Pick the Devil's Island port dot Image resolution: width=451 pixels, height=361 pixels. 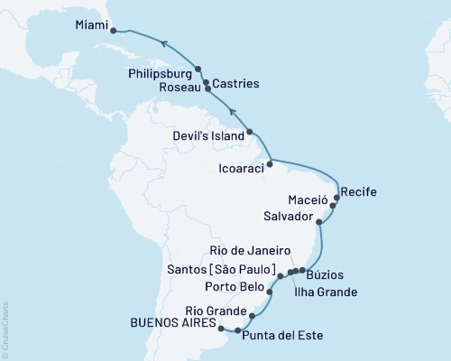click(250, 133)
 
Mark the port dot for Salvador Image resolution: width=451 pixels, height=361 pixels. click(319, 218)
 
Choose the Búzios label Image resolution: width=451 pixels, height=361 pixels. click(325, 273)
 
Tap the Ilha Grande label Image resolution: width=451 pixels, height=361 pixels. click(326, 292)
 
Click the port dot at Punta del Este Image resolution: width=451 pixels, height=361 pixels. click(237, 331)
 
